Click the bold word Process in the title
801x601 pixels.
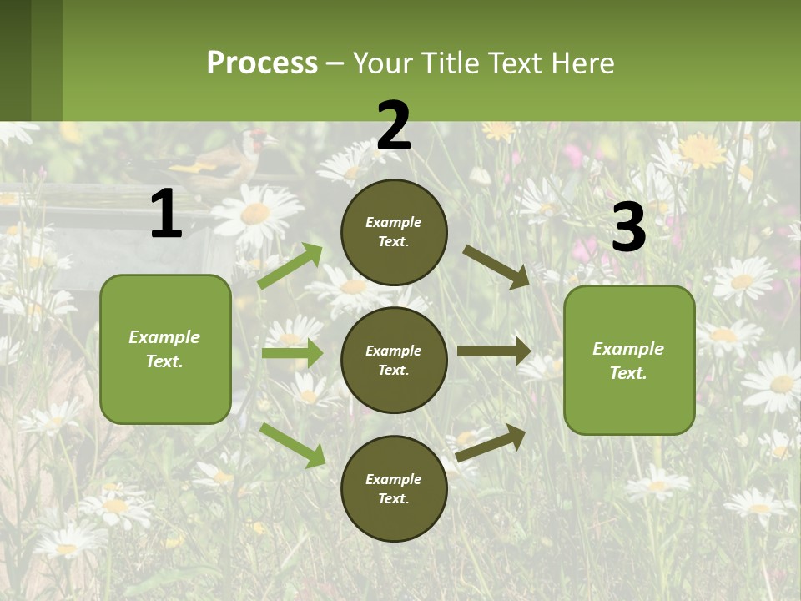tap(262, 63)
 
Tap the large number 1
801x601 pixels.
tap(166, 214)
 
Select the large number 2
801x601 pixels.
tap(394, 126)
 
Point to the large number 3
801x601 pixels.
tap(629, 227)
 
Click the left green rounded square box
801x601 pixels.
tap(165, 349)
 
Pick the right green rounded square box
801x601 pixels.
tap(629, 360)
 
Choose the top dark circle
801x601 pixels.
tap(394, 232)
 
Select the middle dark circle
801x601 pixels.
tap(394, 360)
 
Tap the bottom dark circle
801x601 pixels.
tap(394, 488)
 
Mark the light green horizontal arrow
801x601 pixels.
tap(292, 353)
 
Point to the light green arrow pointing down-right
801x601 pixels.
tap(292, 445)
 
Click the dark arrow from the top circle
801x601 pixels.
tap(496, 266)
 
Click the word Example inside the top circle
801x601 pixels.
tap(394, 222)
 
